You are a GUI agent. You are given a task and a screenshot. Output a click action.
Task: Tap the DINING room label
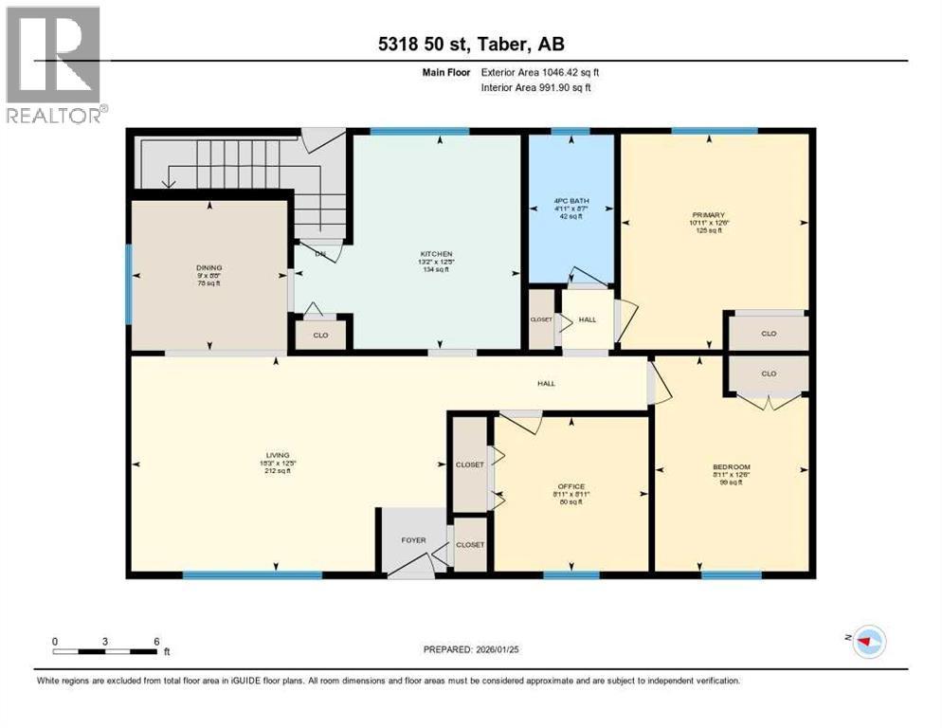coord(208,268)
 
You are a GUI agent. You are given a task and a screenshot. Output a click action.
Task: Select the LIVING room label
coord(277,455)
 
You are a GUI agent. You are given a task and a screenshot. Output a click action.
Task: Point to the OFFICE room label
coord(571,486)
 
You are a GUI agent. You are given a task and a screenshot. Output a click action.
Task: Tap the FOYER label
coord(413,540)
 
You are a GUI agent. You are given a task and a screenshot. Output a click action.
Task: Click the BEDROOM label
coord(731,466)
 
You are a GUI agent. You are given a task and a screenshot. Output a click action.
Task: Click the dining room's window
coord(129,284)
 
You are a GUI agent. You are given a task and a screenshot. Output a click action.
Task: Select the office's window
coord(571,574)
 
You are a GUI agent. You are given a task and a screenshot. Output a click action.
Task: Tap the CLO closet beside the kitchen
coord(320,335)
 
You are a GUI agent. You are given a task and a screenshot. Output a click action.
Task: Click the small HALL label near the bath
coord(588,319)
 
